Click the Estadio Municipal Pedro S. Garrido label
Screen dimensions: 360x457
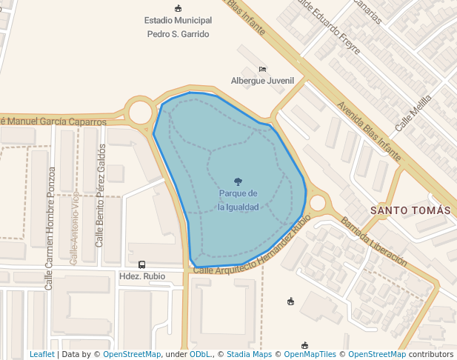coord(178,27)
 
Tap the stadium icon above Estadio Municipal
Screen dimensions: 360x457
coord(178,8)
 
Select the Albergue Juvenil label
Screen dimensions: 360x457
coord(262,81)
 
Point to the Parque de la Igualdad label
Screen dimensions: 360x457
coord(238,200)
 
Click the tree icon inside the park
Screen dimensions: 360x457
coord(238,181)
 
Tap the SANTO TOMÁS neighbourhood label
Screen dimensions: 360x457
coord(410,210)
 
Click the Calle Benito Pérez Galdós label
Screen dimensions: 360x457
coord(100,196)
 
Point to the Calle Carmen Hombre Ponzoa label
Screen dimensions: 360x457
coord(50,228)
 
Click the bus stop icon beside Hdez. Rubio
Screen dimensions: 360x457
coord(141,264)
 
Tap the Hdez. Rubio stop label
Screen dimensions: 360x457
coord(142,277)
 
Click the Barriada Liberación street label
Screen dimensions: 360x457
coord(373,241)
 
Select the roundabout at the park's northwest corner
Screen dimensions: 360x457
coord(140,113)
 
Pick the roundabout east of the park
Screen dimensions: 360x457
coord(318,203)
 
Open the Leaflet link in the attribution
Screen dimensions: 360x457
coord(41,354)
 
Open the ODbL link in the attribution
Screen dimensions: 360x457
coord(200,354)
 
